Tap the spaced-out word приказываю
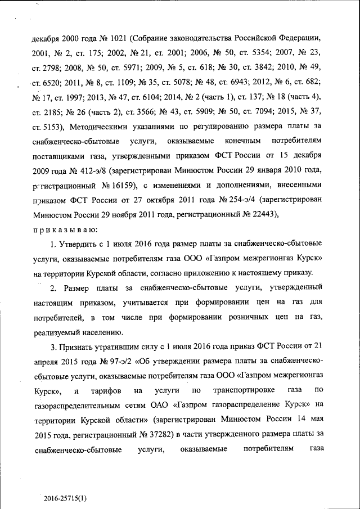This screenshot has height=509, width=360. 66,228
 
